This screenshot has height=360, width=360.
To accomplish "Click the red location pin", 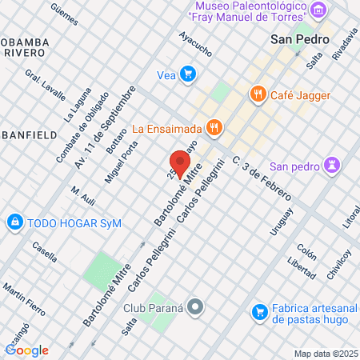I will (x=180, y=163).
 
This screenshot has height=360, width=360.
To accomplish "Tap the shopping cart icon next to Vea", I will (x=188, y=74).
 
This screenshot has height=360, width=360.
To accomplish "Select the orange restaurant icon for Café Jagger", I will (x=257, y=94).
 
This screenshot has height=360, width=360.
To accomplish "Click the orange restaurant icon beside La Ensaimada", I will (x=214, y=126).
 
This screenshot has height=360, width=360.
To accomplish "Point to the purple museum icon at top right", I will (x=319, y=10).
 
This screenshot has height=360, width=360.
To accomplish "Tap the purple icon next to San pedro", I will (x=333, y=166).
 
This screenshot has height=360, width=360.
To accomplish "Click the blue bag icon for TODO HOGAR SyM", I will (x=14, y=222).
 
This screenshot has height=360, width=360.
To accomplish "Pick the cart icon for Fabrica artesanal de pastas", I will (x=258, y=311).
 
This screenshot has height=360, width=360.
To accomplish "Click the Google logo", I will (x=26, y=350).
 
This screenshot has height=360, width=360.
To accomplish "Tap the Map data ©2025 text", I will (x=325, y=353).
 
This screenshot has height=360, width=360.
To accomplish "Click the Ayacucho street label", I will (x=195, y=45).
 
